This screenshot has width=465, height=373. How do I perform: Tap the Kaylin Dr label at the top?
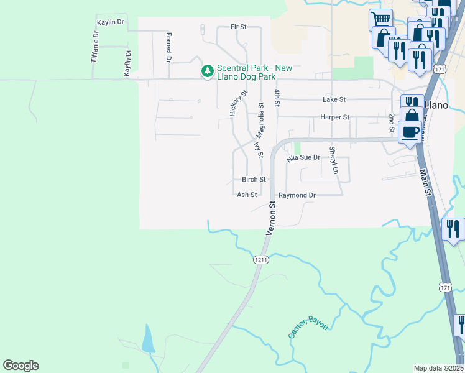111,22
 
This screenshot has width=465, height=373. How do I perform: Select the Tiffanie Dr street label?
96,45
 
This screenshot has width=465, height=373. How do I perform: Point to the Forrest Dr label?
168,47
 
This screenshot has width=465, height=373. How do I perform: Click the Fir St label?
238,27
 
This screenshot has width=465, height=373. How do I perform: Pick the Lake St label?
334,99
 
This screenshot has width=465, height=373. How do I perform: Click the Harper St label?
335,117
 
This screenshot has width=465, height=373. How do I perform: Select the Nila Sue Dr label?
303,159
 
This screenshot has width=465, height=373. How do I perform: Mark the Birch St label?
254,179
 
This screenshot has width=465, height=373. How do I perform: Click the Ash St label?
247,195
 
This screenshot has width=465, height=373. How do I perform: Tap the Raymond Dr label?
297,195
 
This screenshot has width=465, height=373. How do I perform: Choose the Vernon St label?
272,218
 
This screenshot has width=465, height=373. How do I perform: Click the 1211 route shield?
261,260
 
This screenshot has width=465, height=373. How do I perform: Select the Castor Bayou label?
308,326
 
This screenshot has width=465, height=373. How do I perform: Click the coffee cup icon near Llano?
410,132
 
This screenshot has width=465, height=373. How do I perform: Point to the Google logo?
21,366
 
